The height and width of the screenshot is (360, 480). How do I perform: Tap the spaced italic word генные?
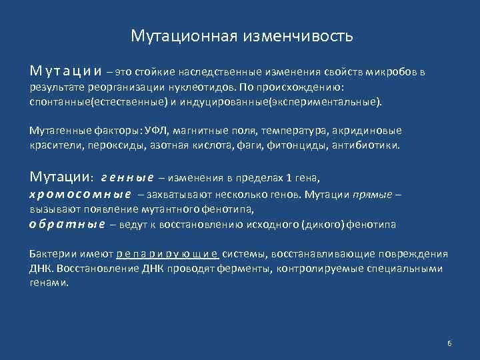pos(127,178)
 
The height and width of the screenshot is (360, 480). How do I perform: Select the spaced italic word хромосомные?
pos(80,194)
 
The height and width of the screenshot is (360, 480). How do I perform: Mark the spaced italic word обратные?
pos(67,225)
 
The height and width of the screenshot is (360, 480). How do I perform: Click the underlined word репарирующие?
pos(167,254)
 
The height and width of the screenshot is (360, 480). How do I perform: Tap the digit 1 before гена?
pos(289,178)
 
